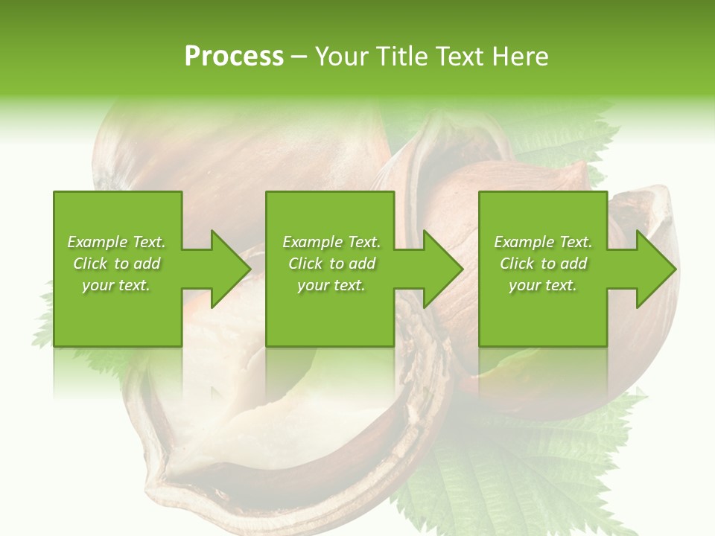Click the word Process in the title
point(234,57)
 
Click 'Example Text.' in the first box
point(116,242)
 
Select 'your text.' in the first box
point(116,285)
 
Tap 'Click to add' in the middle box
point(331,264)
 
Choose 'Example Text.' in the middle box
point(331,242)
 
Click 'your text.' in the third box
point(543,285)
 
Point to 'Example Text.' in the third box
point(543,242)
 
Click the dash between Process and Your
point(299,57)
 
